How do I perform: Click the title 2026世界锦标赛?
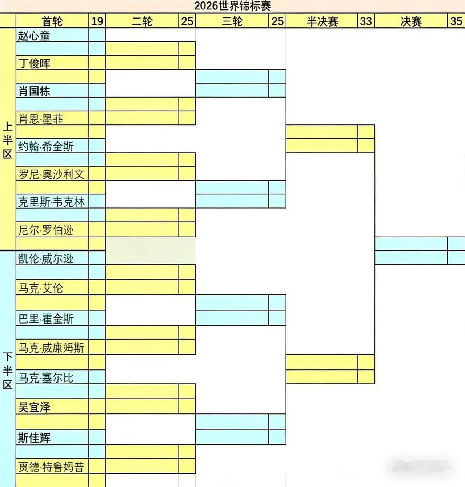point(232,6)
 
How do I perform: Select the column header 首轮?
point(52,21)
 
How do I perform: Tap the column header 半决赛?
point(322,21)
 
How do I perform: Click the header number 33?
point(366,21)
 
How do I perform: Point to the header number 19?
point(97,21)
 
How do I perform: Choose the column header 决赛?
point(411,21)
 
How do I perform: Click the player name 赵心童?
point(34,36)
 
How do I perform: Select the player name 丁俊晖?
point(35,63)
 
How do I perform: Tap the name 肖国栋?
point(34,91)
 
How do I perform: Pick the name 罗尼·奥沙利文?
point(51,174)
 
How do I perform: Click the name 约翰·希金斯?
point(46,146)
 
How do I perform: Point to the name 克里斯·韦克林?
point(51,202)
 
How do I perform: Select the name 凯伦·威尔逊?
point(46,258)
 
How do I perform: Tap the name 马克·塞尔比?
point(46,378)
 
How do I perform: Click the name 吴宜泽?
point(34,407)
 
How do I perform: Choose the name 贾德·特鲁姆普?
point(51,467)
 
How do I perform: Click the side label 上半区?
point(8,140)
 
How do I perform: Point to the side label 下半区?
point(8,371)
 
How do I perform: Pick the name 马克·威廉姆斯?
point(51,348)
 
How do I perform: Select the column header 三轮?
point(232,21)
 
